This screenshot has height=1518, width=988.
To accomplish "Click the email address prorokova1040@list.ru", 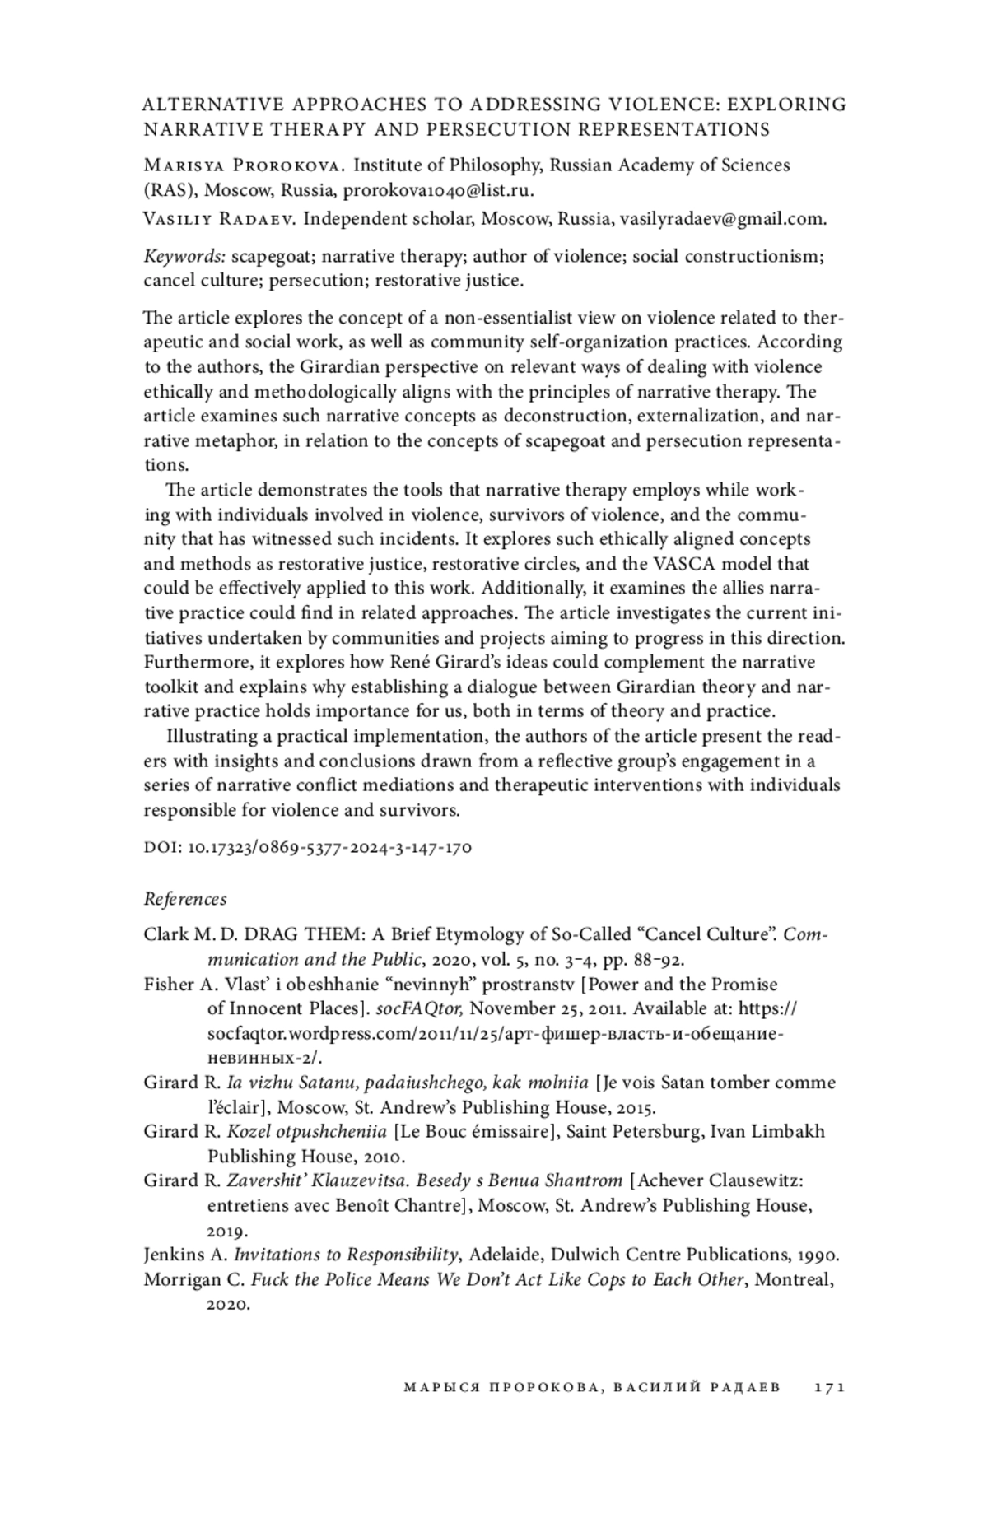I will coord(438,190).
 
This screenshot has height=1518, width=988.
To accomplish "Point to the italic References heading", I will coord(185,898).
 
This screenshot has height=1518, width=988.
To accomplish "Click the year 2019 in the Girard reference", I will coord(226,1231).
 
